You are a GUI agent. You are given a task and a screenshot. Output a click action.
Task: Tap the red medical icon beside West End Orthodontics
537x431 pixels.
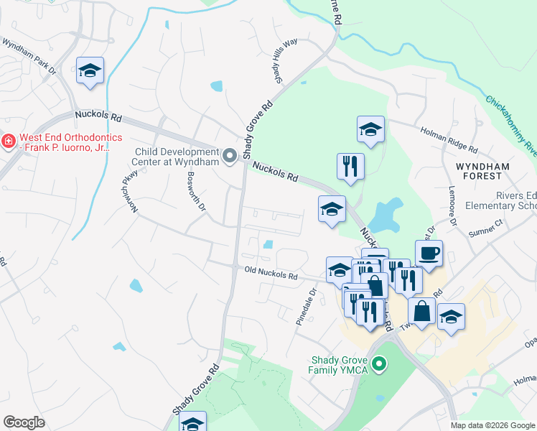click(x=8, y=142)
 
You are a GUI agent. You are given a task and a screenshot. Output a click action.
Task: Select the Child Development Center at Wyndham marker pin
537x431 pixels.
click(x=230, y=156)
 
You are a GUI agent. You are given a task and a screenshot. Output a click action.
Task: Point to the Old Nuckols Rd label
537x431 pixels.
click(x=271, y=274)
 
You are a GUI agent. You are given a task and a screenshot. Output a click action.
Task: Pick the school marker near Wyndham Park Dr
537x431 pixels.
click(x=90, y=71)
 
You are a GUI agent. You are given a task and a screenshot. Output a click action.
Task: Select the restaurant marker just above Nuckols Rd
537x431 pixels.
click(x=350, y=166)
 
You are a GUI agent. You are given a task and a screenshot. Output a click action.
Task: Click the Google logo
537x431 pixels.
click(x=24, y=422)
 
